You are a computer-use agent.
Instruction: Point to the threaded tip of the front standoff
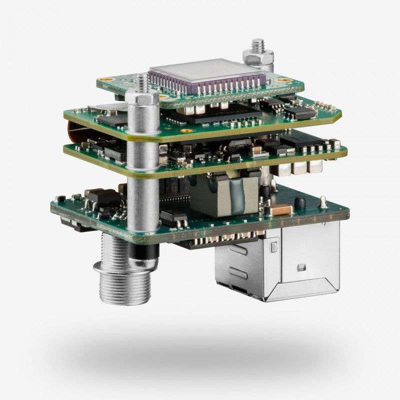[x=141, y=80]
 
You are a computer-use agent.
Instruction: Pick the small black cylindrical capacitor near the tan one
[x=300, y=203]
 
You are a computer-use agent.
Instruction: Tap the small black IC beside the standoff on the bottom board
[x=173, y=216]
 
